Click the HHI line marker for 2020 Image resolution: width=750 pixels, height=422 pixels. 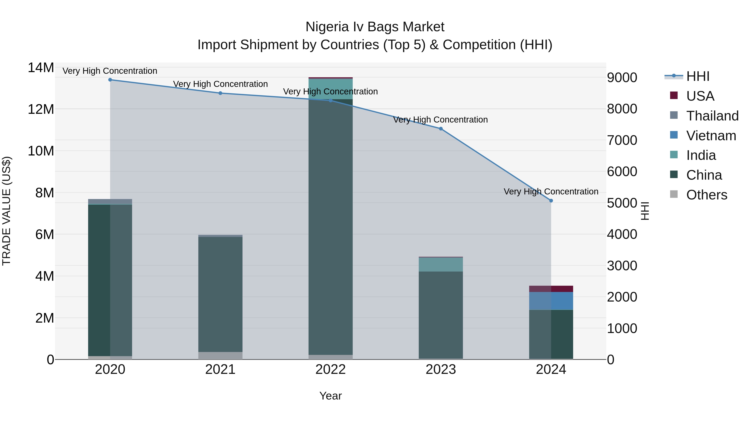[x=110, y=80]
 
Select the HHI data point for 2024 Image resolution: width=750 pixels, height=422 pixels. [x=551, y=201]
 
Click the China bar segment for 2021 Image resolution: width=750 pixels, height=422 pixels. [x=220, y=294]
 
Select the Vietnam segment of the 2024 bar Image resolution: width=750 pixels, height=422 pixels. [x=551, y=301]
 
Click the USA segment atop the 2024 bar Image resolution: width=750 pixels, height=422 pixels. [x=551, y=289]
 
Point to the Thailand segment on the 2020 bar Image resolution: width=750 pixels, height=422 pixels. [x=110, y=202]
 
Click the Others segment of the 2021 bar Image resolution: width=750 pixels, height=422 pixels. [x=220, y=356]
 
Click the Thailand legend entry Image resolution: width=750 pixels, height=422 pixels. [x=712, y=116]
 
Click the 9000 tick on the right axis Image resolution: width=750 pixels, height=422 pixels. [x=622, y=78]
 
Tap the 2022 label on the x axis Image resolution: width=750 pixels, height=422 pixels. [x=330, y=369]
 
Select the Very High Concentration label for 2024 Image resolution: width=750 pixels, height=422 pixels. [x=551, y=192]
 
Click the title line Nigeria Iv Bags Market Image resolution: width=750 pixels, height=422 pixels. [x=375, y=27]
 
